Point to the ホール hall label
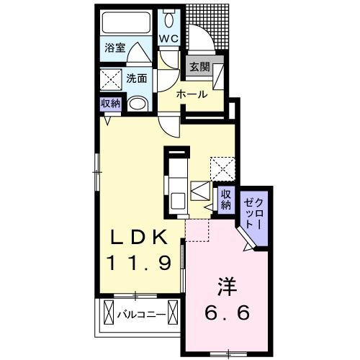192,94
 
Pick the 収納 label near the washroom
110,103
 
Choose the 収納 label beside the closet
225,199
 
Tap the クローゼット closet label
255,212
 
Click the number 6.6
225,314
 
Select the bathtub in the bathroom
125,22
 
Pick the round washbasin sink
138,103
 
